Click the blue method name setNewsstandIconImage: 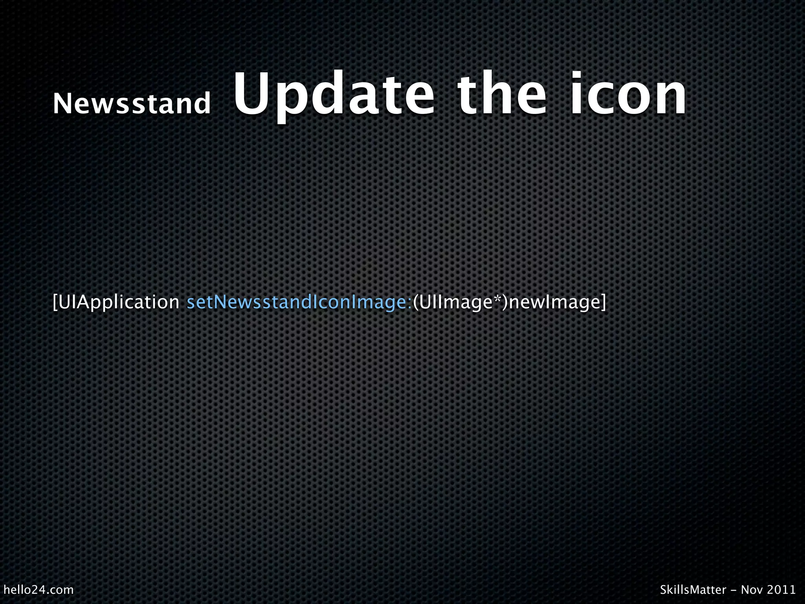point(299,302)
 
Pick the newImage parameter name point(555,302)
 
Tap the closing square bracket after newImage point(603,302)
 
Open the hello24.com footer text point(39,590)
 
